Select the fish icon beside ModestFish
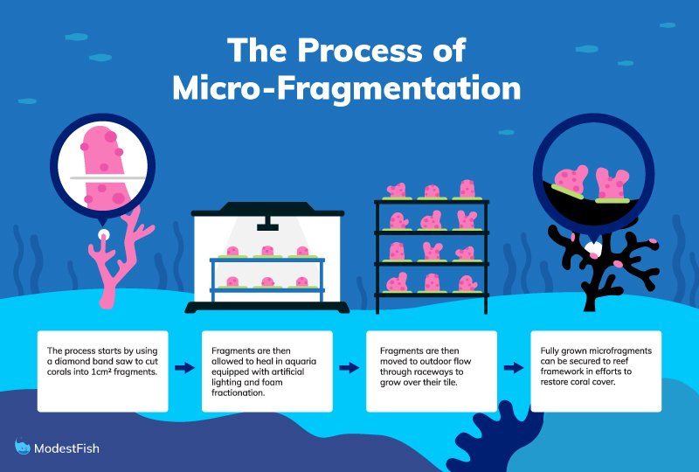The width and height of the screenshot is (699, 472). [23, 447]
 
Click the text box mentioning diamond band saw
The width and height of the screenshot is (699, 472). [101, 371]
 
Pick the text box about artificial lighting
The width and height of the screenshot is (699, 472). [266, 371]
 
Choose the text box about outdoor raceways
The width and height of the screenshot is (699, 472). [432, 371]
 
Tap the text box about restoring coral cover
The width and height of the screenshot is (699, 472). [596, 371]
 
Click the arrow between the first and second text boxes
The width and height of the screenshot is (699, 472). [184, 368]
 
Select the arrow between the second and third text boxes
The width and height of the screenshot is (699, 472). [349, 368]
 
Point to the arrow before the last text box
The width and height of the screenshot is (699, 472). [513, 368]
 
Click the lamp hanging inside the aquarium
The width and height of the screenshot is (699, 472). [267, 226]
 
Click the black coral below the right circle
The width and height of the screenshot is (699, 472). [594, 262]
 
